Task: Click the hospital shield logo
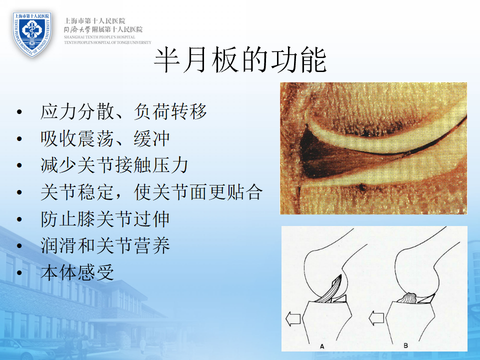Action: (32, 34)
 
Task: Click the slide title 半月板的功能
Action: (240, 60)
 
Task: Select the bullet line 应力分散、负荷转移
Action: (123, 111)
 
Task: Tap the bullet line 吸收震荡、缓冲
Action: (105, 138)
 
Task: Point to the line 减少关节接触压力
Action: (114, 165)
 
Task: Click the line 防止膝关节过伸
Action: (105, 219)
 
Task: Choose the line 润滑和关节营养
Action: (105, 246)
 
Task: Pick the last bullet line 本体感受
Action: (77, 272)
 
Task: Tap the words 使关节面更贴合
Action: (198, 192)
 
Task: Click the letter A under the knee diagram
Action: (321, 346)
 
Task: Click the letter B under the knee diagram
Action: (405, 345)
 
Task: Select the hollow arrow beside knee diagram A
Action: (293, 318)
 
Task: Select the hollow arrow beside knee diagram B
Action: (376, 318)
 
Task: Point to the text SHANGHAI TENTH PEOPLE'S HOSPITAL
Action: (99, 37)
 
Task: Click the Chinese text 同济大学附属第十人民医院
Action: (103, 29)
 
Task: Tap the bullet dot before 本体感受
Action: (19, 273)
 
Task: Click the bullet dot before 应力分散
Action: (19, 111)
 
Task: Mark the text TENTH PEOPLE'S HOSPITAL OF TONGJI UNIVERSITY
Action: (107, 42)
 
